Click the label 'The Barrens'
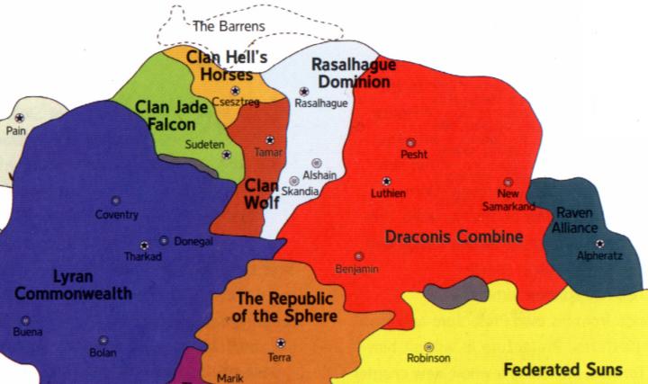[x=229, y=26]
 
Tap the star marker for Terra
[x=281, y=343]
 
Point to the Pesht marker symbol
[x=410, y=142]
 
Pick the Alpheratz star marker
[x=598, y=243]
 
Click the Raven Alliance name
[x=576, y=220]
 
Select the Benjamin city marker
[x=359, y=256]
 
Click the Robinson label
[x=428, y=359]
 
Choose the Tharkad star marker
[x=144, y=246]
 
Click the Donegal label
[x=193, y=241]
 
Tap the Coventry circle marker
[x=115, y=201]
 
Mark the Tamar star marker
[x=270, y=139]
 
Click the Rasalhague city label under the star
[x=321, y=103]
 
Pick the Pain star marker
[x=18, y=118]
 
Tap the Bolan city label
[x=103, y=353]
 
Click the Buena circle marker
[x=25, y=320]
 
